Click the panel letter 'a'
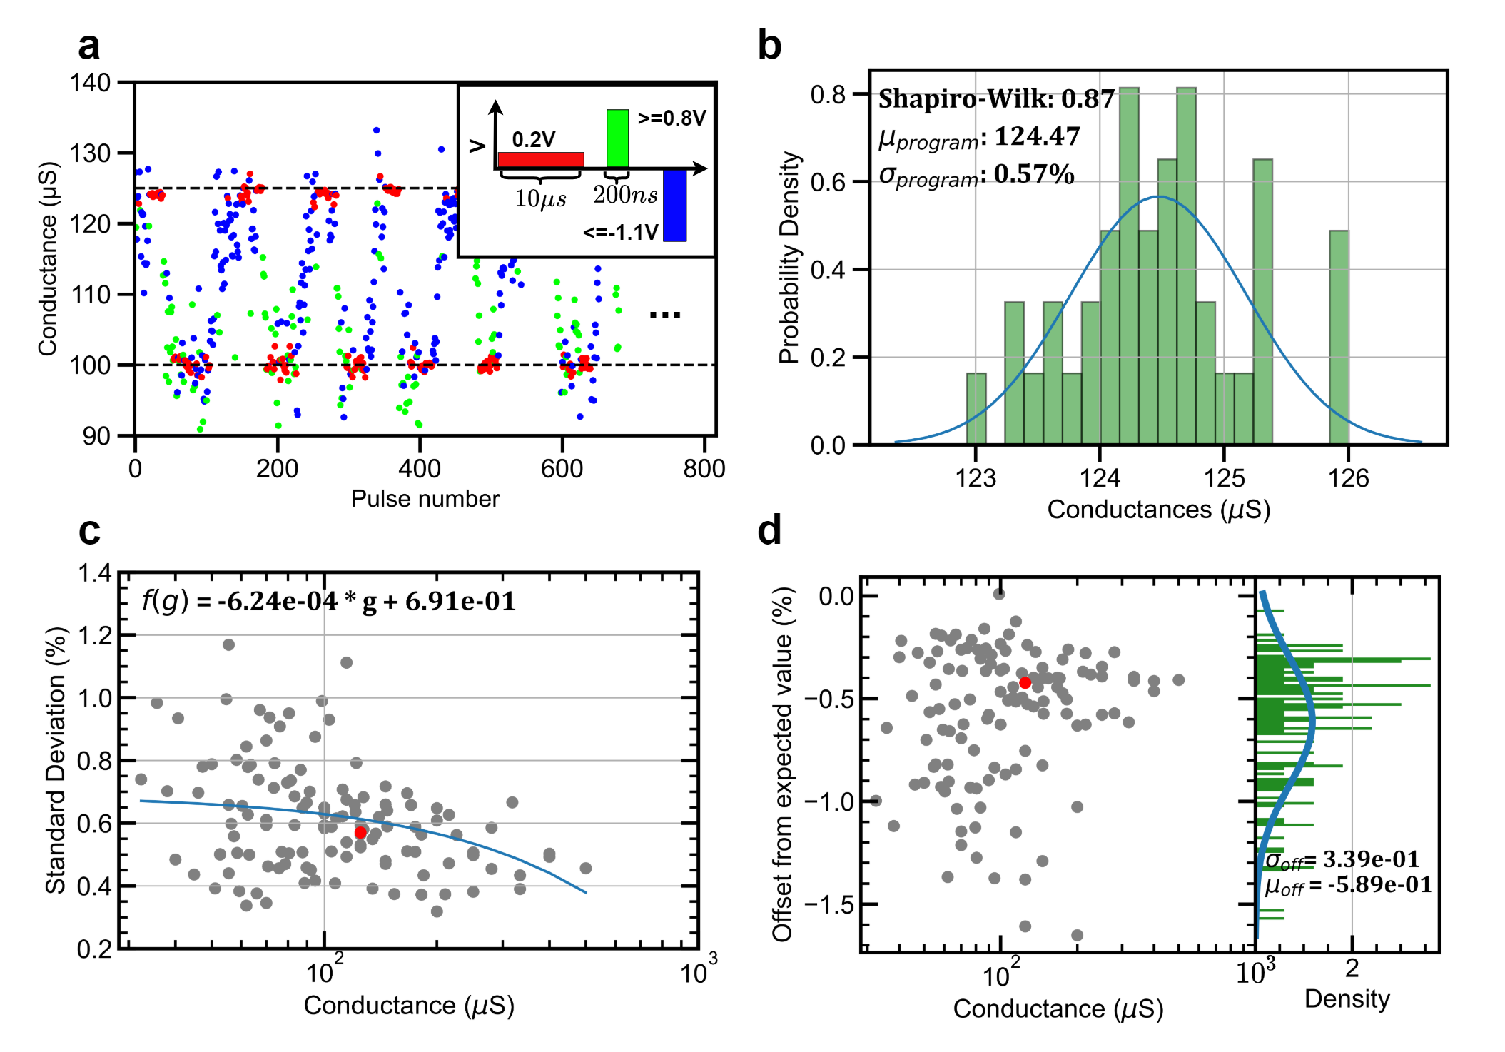click(x=88, y=47)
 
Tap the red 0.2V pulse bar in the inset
click(x=540, y=160)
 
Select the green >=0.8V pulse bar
click(x=617, y=138)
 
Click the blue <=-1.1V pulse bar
click(x=674, y=206)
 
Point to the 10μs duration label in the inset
click(x=540, y=198)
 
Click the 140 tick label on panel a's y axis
click(x=90, y=83)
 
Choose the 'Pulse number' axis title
click(x=425, y=499)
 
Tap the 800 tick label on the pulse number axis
click(x=704, y=470)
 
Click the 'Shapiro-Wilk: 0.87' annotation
click(x=995, y=99)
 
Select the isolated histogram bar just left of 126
click(x=1338, y=337)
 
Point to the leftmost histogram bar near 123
click(x=976, y=408)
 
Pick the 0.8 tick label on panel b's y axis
click(x=827, y=95)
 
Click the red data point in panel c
click(x=360, y=832)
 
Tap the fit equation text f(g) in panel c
click(x=328, y=601)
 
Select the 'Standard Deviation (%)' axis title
click(x=56, y=760)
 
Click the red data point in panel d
click(x=1025, y=682)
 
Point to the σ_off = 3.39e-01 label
click(x=1342, y=860)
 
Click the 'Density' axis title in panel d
click(x=1347, y=998)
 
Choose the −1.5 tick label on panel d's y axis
click(x=830, y=905)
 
